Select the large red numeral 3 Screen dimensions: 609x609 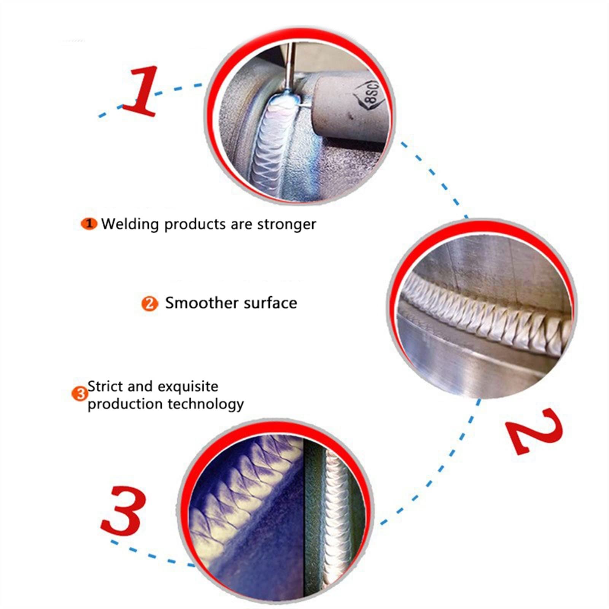(124, 510)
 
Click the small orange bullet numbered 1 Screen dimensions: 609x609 (89, 224)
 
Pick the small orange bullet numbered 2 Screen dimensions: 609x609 (149, 304)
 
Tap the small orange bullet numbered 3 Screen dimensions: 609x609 (80, 394)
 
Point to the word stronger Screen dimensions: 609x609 (286, 224)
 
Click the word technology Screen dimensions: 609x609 (206, 404)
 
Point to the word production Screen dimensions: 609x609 (126, 404)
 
